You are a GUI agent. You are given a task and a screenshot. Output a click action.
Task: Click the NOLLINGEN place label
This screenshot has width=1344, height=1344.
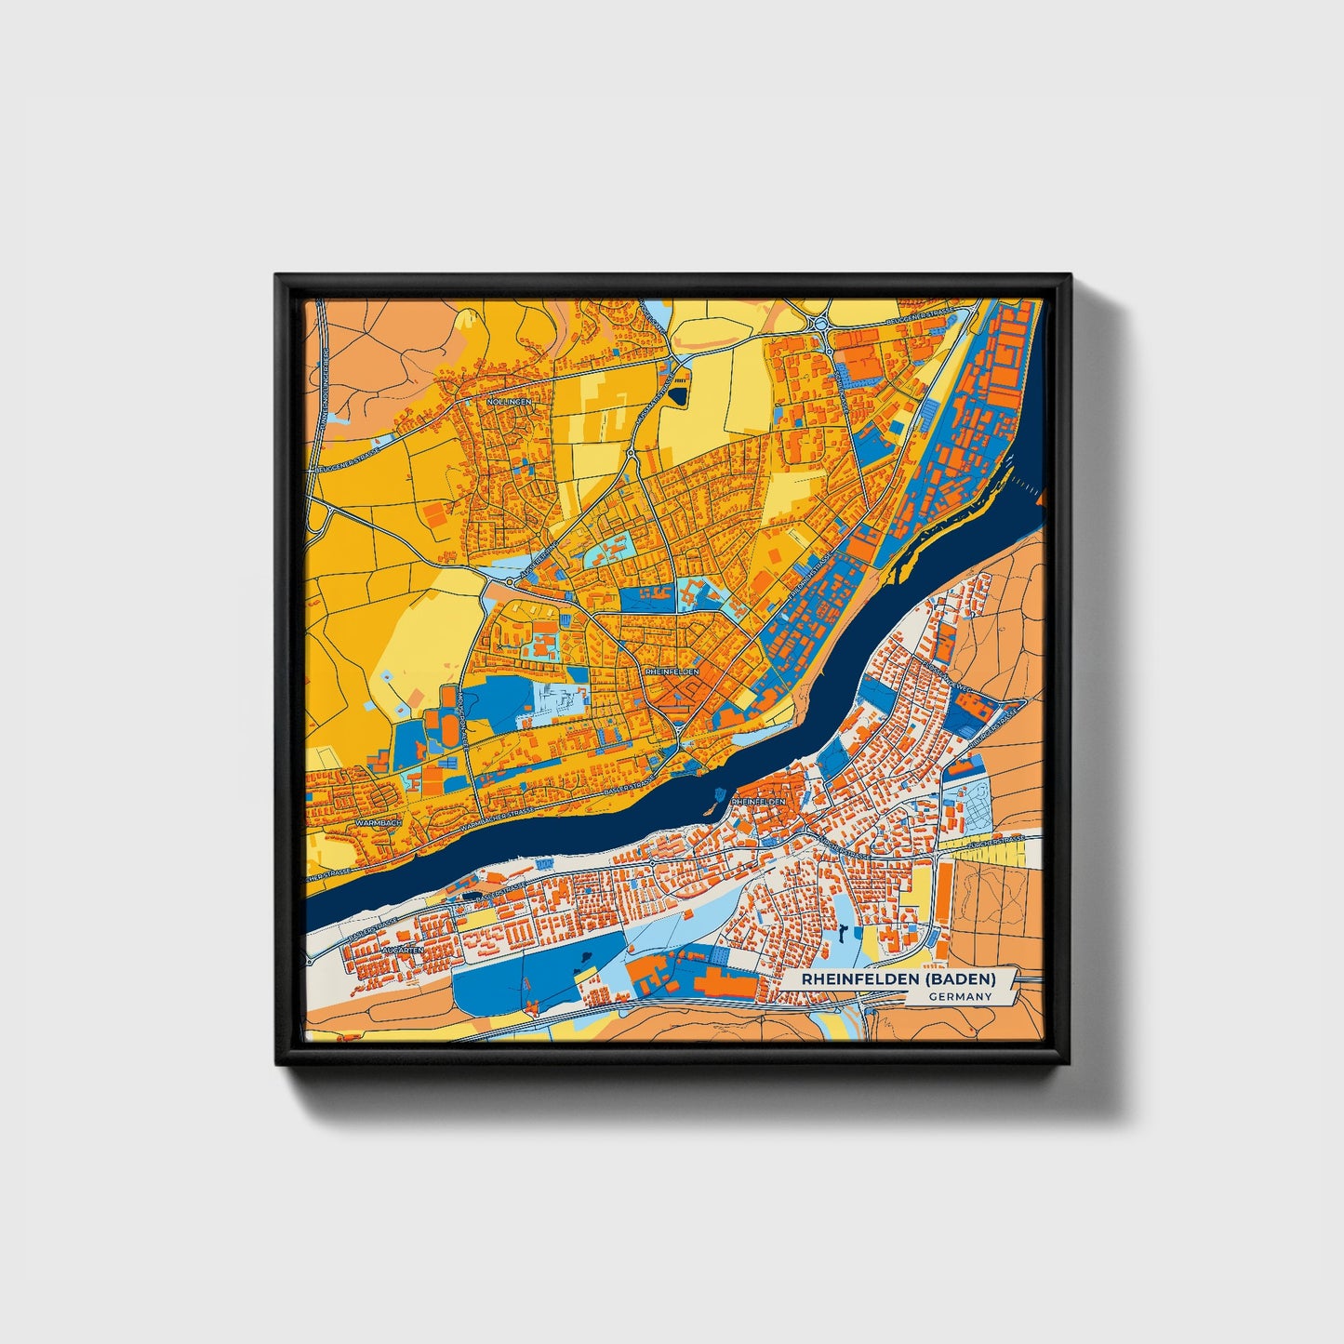pos(509,402)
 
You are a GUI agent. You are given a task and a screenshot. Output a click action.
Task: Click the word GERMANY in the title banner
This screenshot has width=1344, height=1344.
pos(960,996)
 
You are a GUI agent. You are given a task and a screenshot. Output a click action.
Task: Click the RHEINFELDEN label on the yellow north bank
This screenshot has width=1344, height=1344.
pos(671,671)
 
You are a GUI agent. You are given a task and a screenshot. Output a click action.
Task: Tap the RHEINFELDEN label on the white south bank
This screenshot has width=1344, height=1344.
pos(758,801)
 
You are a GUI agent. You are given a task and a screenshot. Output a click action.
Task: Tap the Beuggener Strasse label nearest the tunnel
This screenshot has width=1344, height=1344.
pos(346,462)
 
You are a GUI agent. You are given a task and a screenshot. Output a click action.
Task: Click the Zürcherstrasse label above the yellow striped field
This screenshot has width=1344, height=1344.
pos(996,842)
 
